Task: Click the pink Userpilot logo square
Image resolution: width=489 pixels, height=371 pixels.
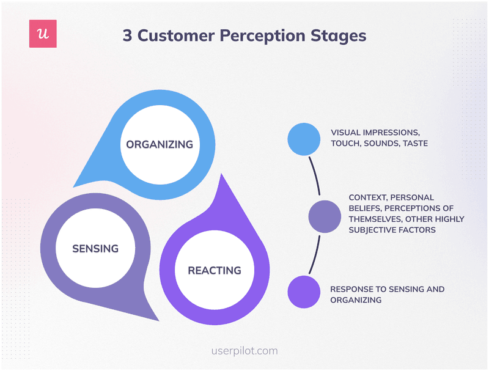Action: (x=43, y=34)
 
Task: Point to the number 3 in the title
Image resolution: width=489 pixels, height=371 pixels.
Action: (x=127, y=35)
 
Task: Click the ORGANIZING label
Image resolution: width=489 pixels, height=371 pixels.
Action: (x=159, y=145)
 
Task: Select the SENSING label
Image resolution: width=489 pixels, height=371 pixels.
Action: (x=95, y=249)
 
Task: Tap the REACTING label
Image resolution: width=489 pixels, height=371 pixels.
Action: (x=214, y=270)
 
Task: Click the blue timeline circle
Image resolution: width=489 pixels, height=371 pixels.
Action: (x=304, y=139)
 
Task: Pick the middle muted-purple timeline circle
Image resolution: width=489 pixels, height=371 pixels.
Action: (x=325, y=216)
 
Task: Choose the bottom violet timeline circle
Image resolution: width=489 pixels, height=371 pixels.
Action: (x=304, y=292)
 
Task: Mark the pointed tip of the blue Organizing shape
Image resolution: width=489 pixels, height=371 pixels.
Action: (x=74, y=185)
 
